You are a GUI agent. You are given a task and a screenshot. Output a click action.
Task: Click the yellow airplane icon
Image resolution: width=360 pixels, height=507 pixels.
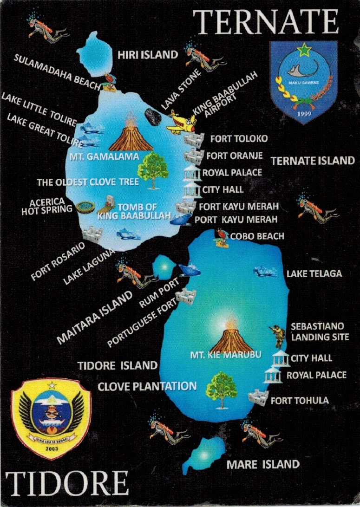coord(181,122)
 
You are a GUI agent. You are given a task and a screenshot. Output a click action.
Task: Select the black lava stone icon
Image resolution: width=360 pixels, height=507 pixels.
coord(153,117)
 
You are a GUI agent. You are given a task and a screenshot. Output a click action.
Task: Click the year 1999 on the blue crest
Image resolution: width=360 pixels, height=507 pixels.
coord(304,113)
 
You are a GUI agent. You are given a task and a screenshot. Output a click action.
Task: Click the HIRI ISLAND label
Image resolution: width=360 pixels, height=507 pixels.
coord(148,55)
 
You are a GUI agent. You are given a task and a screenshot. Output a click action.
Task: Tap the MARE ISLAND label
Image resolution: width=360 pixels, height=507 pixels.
coord(263,464)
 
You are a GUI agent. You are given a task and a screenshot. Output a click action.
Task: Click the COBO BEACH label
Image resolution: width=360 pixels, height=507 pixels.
coord(257,236)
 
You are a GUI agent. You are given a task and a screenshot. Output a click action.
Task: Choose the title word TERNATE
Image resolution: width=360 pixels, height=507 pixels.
coord(266,22)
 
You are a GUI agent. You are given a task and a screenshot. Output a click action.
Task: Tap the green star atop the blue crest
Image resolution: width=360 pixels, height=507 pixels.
coord(304,49)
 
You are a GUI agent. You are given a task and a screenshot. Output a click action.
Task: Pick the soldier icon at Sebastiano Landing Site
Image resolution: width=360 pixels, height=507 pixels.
coord(278,335)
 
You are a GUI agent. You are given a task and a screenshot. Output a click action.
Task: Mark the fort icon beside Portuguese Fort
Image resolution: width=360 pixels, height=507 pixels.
coord(186,295)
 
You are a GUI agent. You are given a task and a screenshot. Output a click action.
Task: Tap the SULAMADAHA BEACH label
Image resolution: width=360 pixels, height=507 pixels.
coord(57,72)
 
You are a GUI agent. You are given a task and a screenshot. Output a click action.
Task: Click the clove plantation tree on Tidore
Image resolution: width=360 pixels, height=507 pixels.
coord(221,388)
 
